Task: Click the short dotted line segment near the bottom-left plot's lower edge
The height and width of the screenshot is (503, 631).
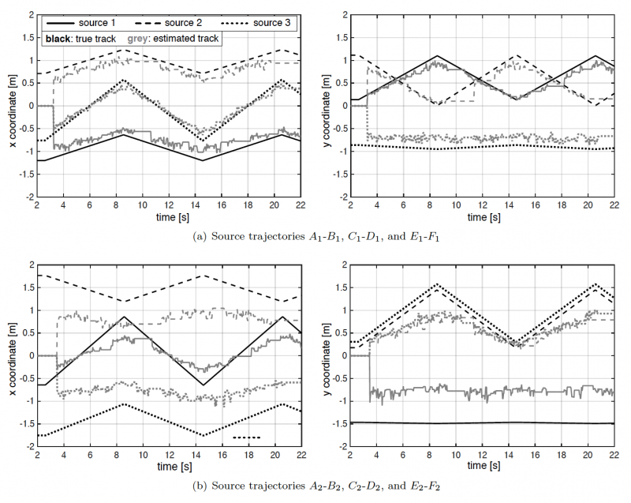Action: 247,437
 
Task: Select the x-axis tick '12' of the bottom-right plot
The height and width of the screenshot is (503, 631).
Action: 482,456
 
